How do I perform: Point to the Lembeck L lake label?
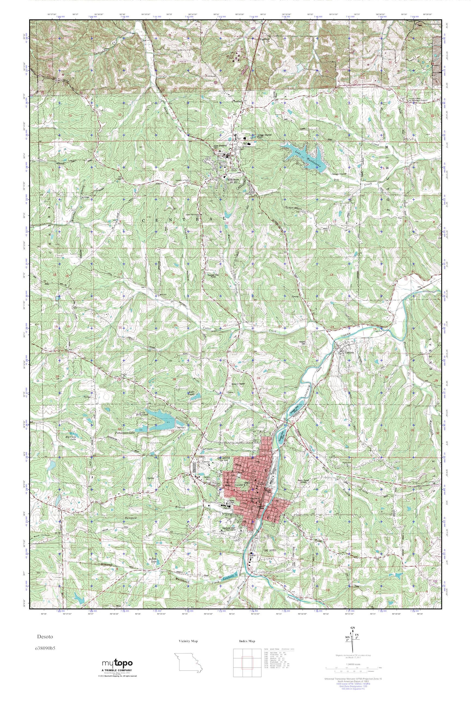pyautogui.click(x=231, y=574)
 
